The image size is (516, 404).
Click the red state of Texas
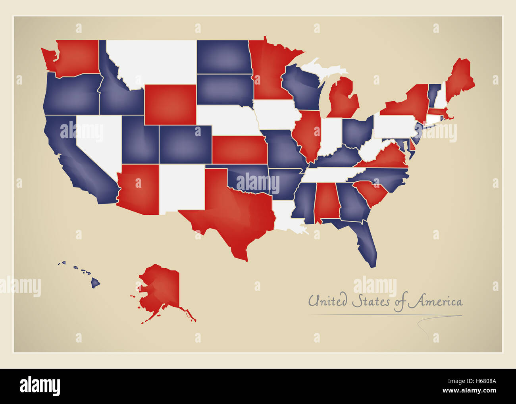click(x=234, y=214)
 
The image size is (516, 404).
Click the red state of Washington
click(x=75, y=58)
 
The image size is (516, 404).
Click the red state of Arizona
click(x=139, y=189)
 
